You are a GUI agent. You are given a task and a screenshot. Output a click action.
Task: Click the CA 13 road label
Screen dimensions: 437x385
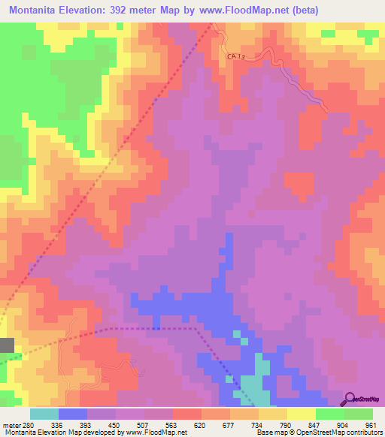click(237, 56)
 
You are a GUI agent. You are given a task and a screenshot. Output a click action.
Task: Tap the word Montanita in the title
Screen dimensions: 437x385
click(39, 11)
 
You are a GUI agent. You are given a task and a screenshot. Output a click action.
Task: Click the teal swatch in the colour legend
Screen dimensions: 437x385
click(44, 414)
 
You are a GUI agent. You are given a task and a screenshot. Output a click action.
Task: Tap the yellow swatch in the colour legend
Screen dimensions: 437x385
click(301, 414)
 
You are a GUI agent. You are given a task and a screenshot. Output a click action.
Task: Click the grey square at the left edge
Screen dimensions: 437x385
click(7, 345)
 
